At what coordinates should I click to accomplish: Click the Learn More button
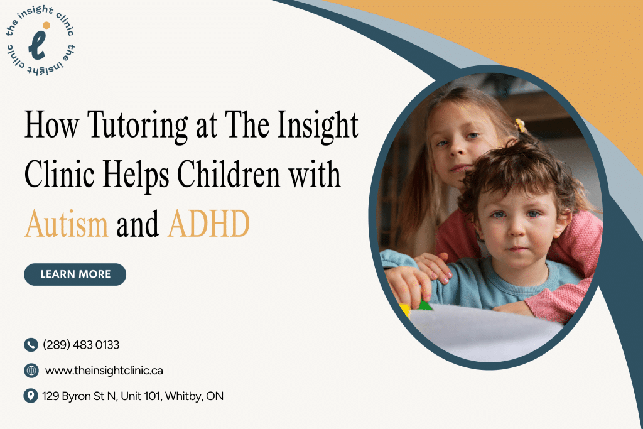tap(75, 274)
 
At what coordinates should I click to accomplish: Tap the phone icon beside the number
tap(31, 345)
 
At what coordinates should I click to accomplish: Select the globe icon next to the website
tap(31, 371)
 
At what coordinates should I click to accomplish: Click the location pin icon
tap(31, 396)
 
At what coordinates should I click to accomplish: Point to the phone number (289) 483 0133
tap(81, 345)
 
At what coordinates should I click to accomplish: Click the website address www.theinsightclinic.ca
tap(104, 371)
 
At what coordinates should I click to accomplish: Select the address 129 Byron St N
tap(132, 396)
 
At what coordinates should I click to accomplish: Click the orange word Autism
tap(67, 224)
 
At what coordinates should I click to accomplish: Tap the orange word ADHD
tap(208, 224)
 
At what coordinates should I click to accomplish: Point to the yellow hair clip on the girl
tap(520, 126)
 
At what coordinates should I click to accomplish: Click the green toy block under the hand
tap(424, 306)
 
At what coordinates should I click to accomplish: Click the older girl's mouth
tap(462, 168)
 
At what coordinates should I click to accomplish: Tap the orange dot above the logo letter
tap(45, 26)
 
